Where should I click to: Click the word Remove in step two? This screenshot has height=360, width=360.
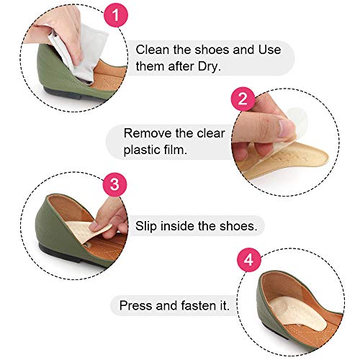pyautogui.click(x=147, y=132)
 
